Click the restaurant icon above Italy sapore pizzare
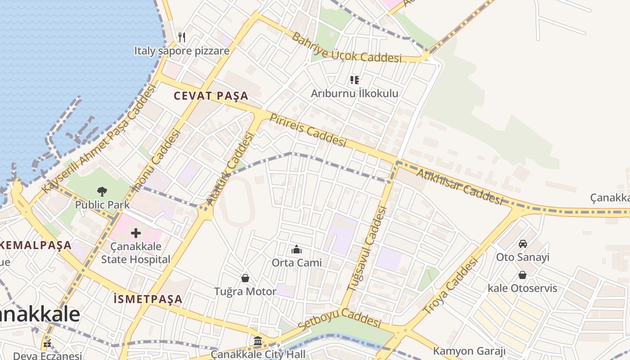pos(182,37)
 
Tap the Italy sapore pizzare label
pos(182,51)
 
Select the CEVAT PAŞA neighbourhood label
pos(211,96)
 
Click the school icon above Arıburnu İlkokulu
pos(355,80)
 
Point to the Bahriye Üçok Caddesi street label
pos(346,49)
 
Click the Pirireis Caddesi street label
pos(308,130)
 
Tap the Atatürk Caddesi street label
pos(229,169)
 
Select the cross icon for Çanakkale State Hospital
pos(136,233)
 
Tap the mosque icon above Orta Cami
pos(297,249)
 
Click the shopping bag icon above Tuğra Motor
pos(245,278)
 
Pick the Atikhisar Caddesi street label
pos(459,187)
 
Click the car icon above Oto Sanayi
pos(522,244)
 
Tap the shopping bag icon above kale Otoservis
pos(522,274)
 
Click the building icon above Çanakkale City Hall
pos(258,341)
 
